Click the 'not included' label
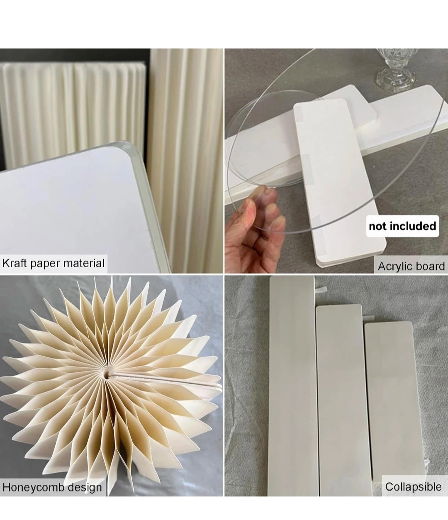click(402, 226)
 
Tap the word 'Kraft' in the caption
click(15, 264)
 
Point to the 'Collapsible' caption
click(413, 487)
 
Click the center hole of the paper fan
click(107, 375)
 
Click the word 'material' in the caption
click(84, 264)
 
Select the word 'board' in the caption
click(430, 266)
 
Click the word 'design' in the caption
click(85, 488)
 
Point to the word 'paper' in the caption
click(45, 264)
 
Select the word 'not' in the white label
click(379, 227)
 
